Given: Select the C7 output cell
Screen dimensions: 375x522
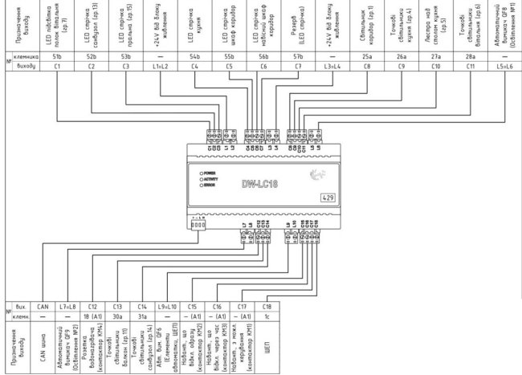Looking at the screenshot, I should pyautogui.click(x=299, y=67).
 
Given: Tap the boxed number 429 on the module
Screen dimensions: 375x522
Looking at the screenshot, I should pyautogui.click(x=328, y=197).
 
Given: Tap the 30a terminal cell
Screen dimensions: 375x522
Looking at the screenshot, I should pyautogui.click(x=118, y=316).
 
